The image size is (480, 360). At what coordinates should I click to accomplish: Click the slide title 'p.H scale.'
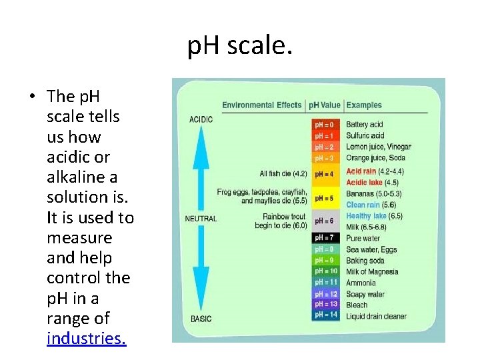coord(239,47)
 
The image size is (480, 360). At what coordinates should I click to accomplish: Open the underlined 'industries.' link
coord(86,338)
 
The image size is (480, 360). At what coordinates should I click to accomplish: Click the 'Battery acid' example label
coord(365,125)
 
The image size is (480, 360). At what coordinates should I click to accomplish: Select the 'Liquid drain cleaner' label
coord(376,316)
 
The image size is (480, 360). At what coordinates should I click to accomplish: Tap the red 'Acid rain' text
coord(361,171)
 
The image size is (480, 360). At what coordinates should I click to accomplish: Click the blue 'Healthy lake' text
coord(366,216)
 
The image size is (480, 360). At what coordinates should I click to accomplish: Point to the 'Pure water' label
coord(363,238)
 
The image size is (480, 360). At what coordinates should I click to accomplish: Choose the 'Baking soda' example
coord(365,261)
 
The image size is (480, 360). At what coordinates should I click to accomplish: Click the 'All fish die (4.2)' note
coord(283,174)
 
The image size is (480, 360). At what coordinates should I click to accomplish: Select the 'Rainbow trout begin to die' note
coord(281,221)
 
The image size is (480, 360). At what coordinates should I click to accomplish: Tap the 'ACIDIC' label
coord(201,119)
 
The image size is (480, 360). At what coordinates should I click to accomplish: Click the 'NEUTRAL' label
coord(201,219)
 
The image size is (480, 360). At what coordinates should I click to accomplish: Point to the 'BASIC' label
coord(201,318)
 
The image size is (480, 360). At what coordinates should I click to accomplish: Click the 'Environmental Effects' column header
coord(262,105)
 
